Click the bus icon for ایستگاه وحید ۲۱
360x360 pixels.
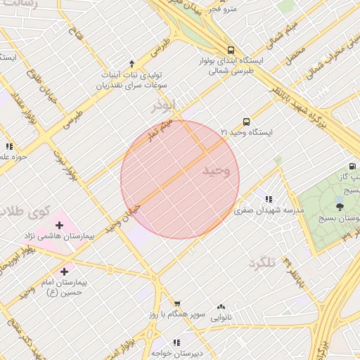tap(246, 121)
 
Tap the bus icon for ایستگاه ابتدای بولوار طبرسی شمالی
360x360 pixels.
tap(231, 49)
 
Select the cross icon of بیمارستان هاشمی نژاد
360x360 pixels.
tap(59, 226)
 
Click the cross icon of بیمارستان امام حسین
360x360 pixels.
tap(65, 271)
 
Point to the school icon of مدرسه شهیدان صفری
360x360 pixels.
tap(268, 199)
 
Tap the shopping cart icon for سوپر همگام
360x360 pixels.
tap(176, 303)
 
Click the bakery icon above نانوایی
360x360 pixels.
tap(221, 307)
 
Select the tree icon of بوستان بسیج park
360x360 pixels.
tap(340, 206)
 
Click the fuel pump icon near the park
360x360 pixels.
tap(352, 167)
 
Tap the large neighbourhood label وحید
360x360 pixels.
tap(216, 171)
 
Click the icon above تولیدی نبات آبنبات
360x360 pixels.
tap(131, 64)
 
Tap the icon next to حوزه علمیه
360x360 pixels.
tap(8, 146)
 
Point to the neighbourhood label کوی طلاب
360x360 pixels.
tap(26, 210)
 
